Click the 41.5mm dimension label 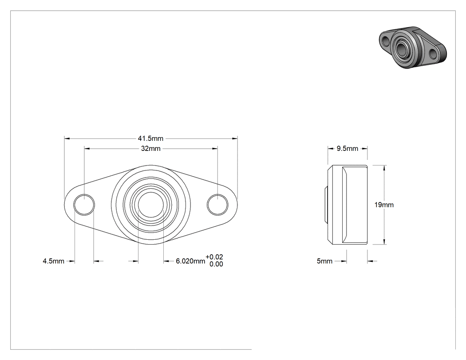click(x=150, y=138)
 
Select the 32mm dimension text click(x=151, y=148)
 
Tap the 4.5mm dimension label click(x=54, y=261)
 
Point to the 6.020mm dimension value click(x=190, y=261)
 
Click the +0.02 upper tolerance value click(x=214, y=257)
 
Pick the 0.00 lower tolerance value click(x=216, y=264)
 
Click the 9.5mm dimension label click(x=348, y=148)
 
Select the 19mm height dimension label click(x=384, y=205)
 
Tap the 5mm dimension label click(x=324, y=261)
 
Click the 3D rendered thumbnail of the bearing click(x=413, y=47)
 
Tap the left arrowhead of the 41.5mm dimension click(x=67, y=138)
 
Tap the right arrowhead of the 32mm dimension click(x=215, y=148)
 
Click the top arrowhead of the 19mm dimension click(x=385, y=168)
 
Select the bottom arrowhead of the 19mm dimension click(x=385, y=241)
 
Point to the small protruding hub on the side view click(x=326, y=205)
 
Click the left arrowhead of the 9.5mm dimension click(x=331, y=148)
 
